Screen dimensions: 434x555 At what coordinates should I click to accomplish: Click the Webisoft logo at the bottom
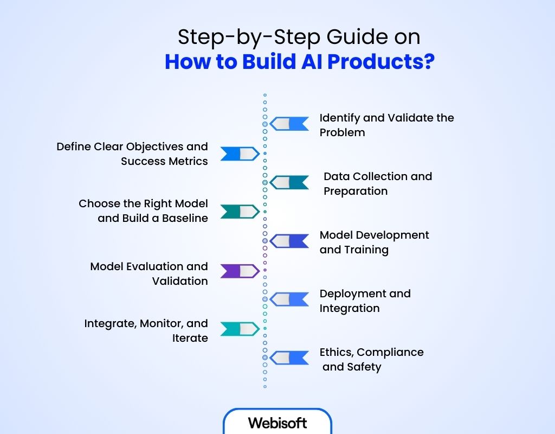277,423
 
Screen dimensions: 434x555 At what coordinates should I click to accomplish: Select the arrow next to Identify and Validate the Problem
289,124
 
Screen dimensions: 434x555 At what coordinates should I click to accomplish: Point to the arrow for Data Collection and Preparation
289,183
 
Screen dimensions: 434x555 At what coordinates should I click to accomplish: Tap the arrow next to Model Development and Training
289,241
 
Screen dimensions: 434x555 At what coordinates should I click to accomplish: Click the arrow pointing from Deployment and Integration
289,299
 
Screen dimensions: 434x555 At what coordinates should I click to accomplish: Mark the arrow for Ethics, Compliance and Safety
289,358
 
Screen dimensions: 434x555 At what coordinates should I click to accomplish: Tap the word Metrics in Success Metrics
188,161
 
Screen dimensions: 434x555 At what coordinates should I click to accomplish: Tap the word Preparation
356,191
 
